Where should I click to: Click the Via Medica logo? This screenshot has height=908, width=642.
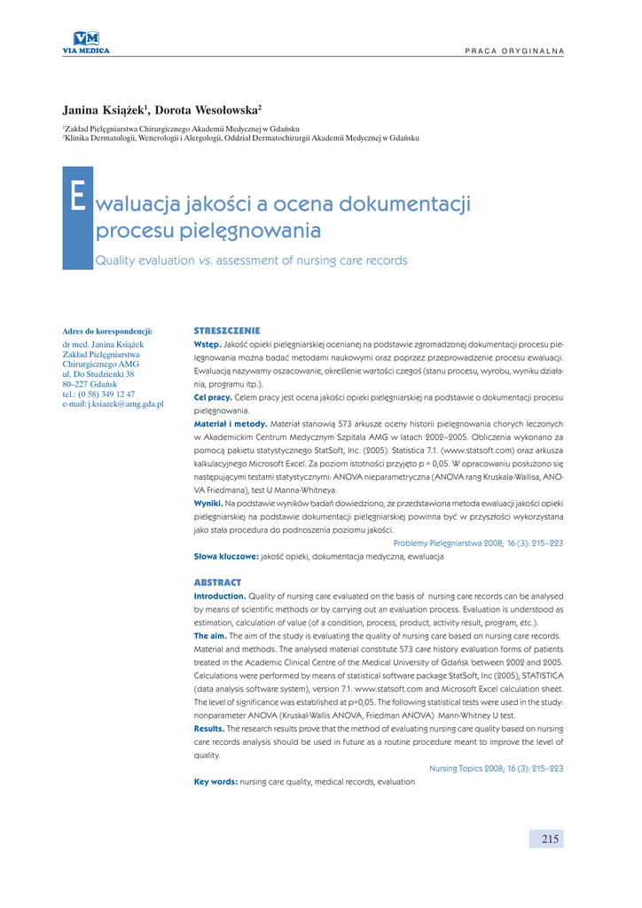pos(86,42)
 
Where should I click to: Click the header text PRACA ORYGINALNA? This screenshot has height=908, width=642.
pos(514,50)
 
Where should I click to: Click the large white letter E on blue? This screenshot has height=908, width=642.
pos(77,196)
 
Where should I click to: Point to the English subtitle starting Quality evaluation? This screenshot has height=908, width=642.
pos(251,261)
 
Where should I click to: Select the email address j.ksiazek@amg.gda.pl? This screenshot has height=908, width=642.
pos(113,404)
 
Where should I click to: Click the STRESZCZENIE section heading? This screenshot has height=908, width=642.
pos(227,331)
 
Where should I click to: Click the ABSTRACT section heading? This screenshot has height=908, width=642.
pos(217,583)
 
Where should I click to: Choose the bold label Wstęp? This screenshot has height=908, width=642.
pos(207,343)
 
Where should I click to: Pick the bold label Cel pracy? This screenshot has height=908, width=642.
pos(213,397)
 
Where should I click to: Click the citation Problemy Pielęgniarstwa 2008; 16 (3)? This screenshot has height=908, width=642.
pos(478,543)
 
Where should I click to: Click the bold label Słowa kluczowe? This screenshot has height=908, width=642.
pos(226,556)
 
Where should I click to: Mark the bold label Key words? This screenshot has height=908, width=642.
pos(215,782)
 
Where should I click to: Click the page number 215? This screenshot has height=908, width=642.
pos(549,839)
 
